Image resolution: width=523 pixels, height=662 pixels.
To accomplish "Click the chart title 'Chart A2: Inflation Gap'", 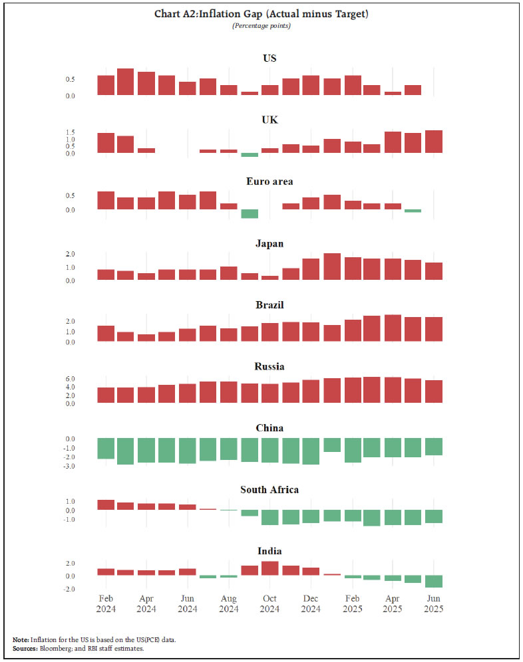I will point(261,14).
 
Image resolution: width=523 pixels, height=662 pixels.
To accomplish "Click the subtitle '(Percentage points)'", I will point(261,25).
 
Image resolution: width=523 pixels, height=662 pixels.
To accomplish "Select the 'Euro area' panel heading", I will point(269,181).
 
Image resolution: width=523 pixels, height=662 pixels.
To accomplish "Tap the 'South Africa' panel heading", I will point(269,490).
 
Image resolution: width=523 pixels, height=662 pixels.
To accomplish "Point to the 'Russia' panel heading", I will point(269,366).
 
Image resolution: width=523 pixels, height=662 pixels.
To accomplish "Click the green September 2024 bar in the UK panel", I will point(250,155).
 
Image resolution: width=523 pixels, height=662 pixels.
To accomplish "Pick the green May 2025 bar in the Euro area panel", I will point(413,211).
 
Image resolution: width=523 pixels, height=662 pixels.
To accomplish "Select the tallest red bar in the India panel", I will point(269,568).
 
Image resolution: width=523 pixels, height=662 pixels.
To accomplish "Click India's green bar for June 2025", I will point(433,582).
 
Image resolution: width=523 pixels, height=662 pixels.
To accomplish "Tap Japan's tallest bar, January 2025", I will point(331,267).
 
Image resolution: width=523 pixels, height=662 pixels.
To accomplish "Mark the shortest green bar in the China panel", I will point(331,445).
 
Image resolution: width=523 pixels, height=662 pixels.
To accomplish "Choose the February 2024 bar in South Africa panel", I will point(106,505).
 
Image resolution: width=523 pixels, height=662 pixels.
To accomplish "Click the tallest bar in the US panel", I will point(126,82).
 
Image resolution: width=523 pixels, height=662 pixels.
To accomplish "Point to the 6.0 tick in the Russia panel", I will point(89,379).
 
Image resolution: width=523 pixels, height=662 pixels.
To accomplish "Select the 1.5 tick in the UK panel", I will point(89,132).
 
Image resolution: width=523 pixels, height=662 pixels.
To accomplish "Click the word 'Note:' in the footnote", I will point(21,639).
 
